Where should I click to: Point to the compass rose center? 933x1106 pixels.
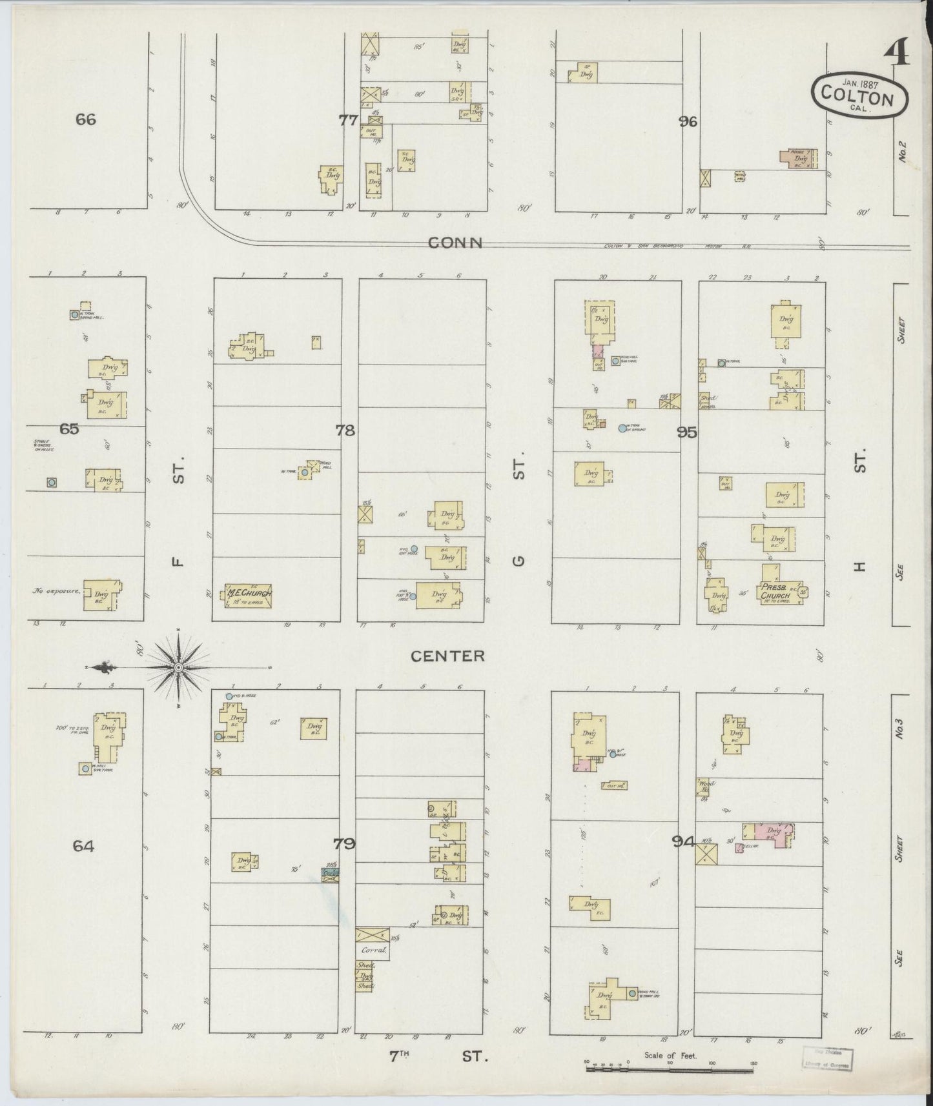[178, 668]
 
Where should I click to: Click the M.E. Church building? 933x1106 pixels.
[249, 594]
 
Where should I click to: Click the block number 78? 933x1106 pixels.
[345, 430]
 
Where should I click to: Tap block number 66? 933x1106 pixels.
[85, 119]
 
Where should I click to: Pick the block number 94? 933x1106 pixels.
[683, 841]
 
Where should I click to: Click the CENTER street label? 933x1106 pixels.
[448, 656]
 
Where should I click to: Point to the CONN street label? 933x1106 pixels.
[456, 243]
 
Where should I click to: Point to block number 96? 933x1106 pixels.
[688, 121]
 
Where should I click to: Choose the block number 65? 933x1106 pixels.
[69, 428]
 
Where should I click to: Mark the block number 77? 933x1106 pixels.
[349, 119]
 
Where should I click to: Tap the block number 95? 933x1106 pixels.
[687, 432]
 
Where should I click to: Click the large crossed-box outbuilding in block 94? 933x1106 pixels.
[708, 855]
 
